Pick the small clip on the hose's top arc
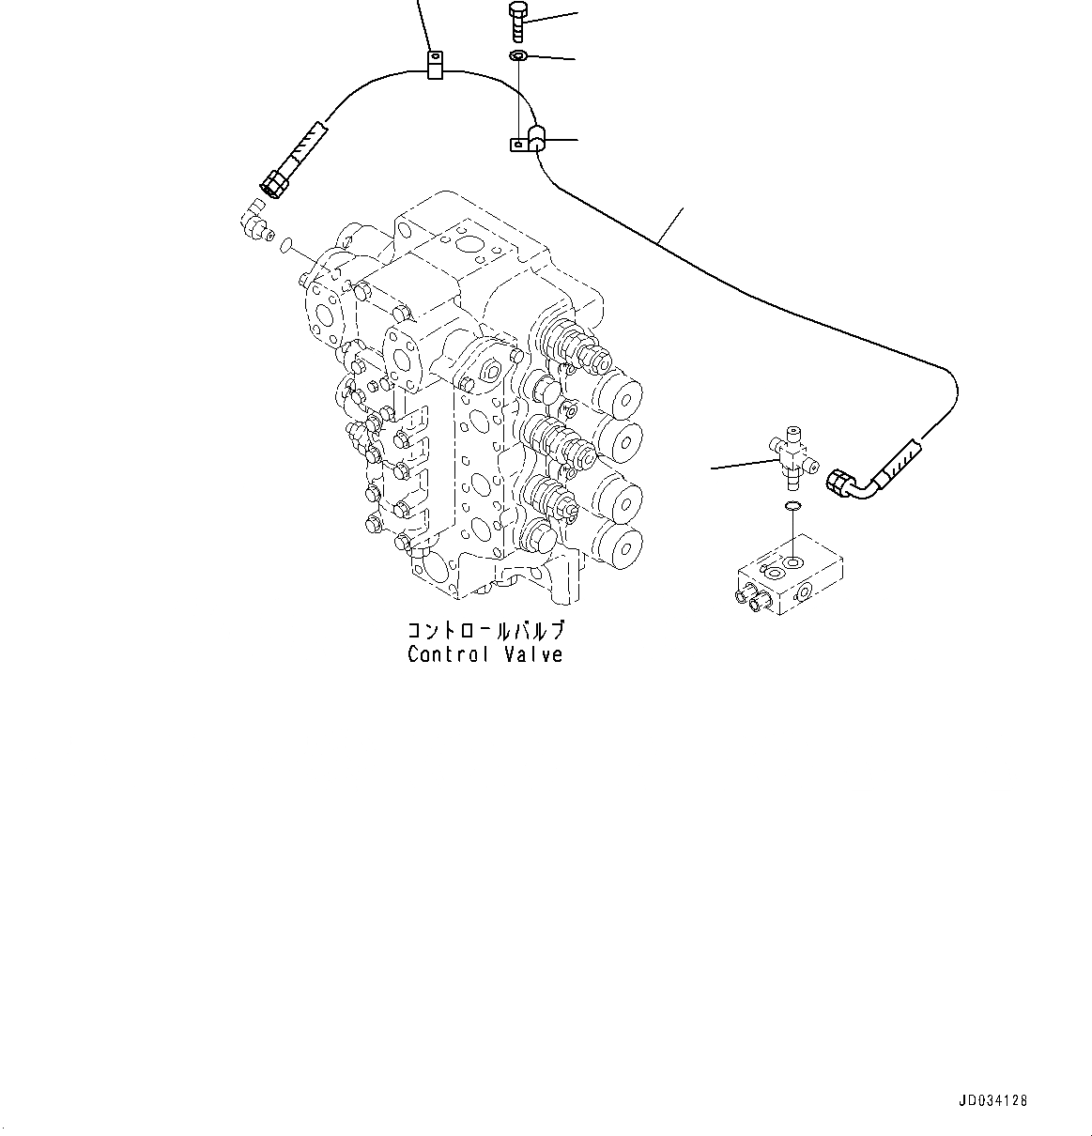click(434, 66)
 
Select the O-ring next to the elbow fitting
click(285, 246)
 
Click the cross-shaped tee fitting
click(793, 456)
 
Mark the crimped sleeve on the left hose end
click(306, 146)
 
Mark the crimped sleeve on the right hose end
click(900, 458)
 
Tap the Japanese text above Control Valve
click(484, 630)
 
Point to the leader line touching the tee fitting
click(742, 464)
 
